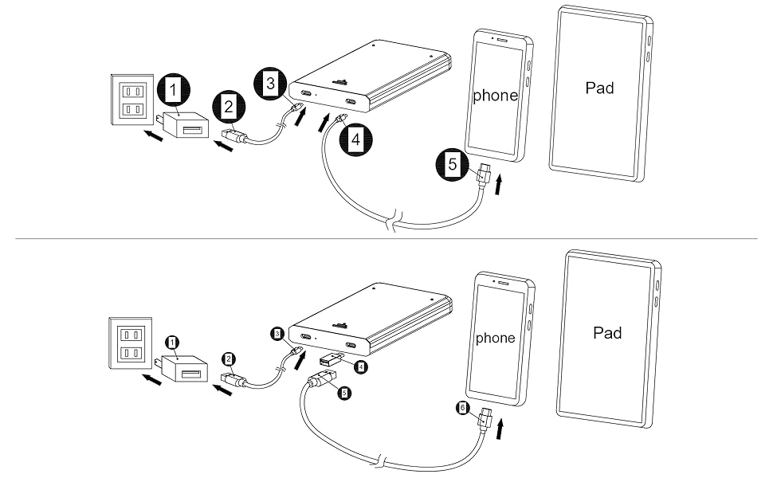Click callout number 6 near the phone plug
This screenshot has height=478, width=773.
(x=462, y=408)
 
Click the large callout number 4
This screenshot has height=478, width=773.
(x=355, y=139)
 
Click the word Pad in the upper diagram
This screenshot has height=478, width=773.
(x=599, y=88)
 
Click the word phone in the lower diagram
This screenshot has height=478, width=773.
(x=495, y=338)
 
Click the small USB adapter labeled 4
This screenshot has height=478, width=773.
(x=330, y=362)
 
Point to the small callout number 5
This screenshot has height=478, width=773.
(x=343, y=393)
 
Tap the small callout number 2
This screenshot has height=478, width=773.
(x=229, y=358)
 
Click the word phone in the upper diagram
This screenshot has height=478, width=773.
(x=495, y=96)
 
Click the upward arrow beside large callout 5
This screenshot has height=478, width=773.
(x=499, y=185)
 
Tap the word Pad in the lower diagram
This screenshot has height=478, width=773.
(x=607, y=332)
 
